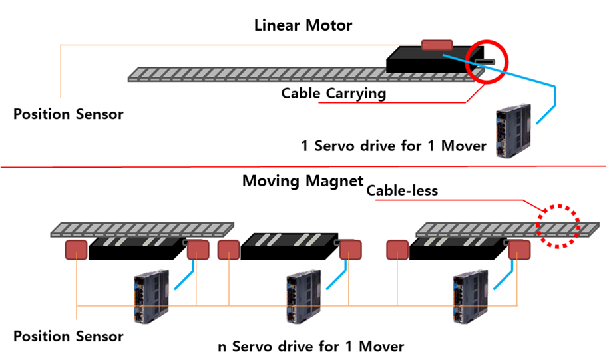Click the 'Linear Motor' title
point(303,26)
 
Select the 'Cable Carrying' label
point(333,93)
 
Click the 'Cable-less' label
point(403,190)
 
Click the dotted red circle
point(558,225)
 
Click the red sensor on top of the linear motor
point(437,45)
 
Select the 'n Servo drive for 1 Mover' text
point(311,347)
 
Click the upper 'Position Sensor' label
point(69,114)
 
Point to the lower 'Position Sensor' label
point(69,336)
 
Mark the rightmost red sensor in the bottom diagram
point(519,250)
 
